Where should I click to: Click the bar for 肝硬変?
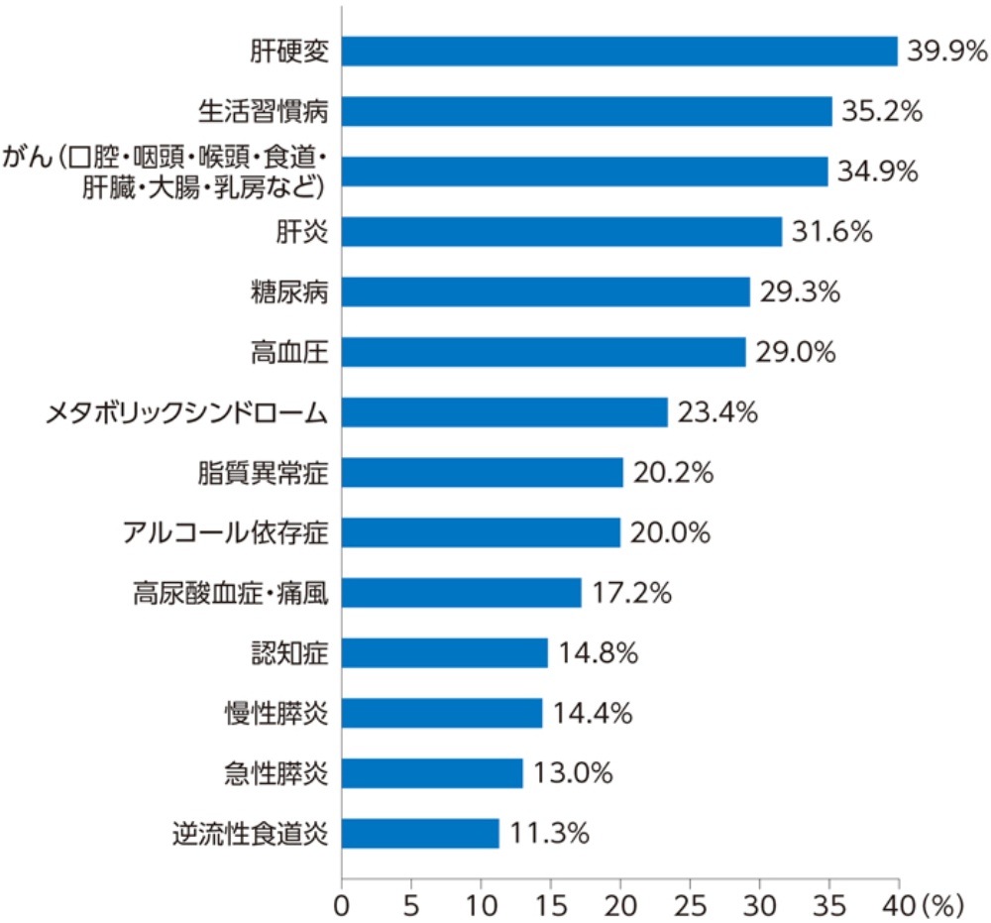(x=619, y=52)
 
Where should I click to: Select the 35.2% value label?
(x=883, y=111)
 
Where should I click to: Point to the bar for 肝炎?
(x=562, y=232)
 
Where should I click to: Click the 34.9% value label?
(x=878, y=172)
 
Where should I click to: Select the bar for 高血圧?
(x=543, y=352)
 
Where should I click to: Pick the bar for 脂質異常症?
(x=482, y=473)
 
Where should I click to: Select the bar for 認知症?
(x=444, y=653)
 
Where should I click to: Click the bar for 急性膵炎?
(x=432, y=773)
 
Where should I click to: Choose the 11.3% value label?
(x=549, y=834)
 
